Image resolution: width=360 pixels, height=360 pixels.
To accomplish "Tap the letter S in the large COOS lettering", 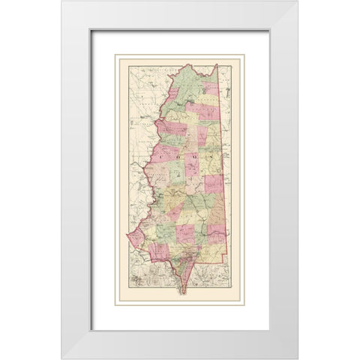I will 196,156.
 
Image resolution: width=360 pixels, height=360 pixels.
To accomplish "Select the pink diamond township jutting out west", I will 135,238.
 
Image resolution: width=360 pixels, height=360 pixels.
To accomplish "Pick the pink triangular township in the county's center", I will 192,165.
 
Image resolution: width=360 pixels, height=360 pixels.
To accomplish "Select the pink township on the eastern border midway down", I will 214,184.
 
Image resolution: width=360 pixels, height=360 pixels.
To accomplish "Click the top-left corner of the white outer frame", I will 62,1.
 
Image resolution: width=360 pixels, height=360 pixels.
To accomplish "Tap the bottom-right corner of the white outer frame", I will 298,358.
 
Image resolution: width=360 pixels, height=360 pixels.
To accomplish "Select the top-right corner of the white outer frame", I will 298,1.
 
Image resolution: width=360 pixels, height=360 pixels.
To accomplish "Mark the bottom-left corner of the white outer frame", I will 62,358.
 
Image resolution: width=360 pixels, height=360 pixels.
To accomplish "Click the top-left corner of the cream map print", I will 115,54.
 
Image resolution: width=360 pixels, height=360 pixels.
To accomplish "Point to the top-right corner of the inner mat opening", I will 268,30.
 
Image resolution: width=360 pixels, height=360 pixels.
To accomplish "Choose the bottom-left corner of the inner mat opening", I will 91,330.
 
